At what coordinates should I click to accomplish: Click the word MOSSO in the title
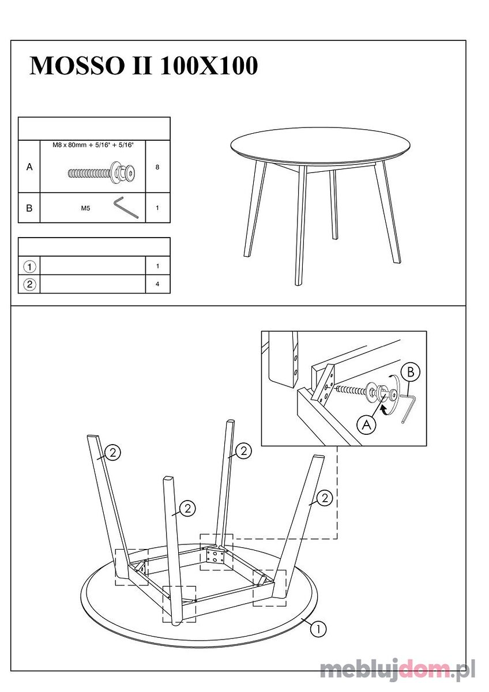(x=77, y=66)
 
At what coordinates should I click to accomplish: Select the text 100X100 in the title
(x=209, y=66)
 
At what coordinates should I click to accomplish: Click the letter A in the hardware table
(x=29, y=167)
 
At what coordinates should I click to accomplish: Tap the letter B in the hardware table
(x=29, y=208)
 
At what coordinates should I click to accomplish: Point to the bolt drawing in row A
(x=102, y=172)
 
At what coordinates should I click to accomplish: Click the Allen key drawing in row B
(x=126, y=208)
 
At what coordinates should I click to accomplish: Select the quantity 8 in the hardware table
(x=157, y=167)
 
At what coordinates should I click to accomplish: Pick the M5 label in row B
(x=85, y=209)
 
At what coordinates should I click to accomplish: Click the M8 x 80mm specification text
(x=93, y=145)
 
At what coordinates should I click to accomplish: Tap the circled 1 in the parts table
(x=29, y=266)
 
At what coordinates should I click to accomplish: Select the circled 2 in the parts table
(x=29, y=284)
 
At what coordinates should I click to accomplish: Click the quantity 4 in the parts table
(x=157, y=284)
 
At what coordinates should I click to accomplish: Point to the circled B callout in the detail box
(x=410, y=372)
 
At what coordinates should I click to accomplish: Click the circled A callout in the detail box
(x=366, y=426)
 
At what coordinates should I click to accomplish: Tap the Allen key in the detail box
(x=408, y=408)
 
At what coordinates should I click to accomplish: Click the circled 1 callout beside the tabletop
(x=318, y=628)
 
